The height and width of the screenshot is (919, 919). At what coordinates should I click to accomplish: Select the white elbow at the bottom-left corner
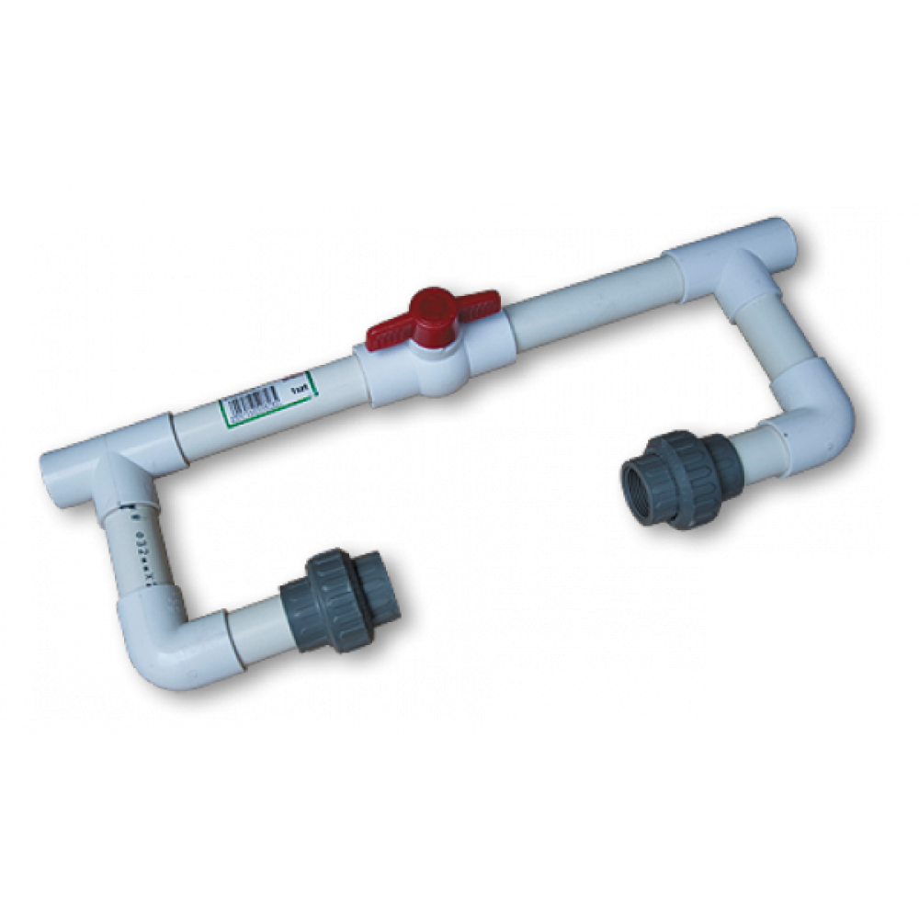170,643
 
